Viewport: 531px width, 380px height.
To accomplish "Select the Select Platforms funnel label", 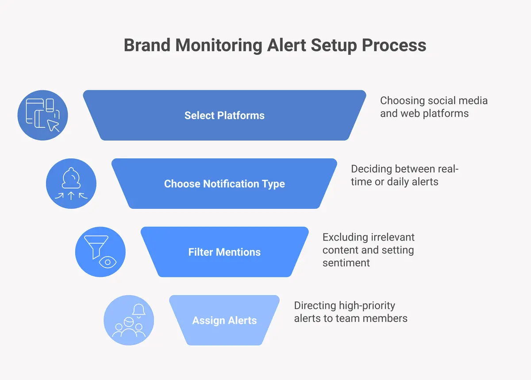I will tap(224, 115).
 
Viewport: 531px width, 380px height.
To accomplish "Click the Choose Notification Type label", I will tap(224, 184).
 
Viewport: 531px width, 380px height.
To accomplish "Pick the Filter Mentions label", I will tap(224, 252).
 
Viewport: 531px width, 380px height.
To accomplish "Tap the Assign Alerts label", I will tap(224, 321).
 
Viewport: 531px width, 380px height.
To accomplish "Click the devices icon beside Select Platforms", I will tap(42, 115).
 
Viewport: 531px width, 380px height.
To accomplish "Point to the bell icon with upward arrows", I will tap(71, 184).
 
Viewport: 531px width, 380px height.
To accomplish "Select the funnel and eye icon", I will tap(100, 252).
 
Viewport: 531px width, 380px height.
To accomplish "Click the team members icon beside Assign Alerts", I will tap(129, 321).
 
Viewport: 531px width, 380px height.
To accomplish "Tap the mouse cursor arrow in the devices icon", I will tap(54, 125).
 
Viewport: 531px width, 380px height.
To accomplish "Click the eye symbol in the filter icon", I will tap(106, 262).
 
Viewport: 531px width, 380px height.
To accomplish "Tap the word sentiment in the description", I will tap(346, 263).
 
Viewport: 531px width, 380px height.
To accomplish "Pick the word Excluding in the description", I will tap(344, 238).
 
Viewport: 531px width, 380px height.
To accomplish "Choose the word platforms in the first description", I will tap(446, 113).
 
